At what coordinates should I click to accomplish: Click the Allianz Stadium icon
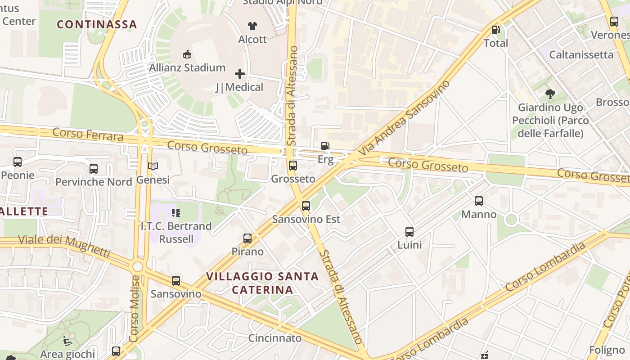pos(187,54)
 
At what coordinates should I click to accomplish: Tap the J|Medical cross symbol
pos(240,73)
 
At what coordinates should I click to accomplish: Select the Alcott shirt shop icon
pos(252,26)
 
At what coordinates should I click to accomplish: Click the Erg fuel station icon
pos(325,146)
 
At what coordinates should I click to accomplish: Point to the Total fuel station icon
pos(495,30)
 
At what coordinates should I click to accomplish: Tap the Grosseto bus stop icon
pos(293,165)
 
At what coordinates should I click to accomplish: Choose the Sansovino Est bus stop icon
pos(306,206)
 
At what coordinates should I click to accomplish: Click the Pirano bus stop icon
pos(247,238)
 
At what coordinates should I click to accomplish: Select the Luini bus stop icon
pos(409,232)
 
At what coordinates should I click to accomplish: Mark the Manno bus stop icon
pos(479,201)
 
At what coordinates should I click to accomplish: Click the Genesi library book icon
pos(153,166)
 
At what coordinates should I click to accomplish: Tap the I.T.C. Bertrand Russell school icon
pos(176,212)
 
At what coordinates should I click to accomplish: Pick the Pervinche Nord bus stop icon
pos(94,169)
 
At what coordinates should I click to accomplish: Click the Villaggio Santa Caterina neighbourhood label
pos(262,283)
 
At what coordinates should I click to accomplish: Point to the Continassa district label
pos(97,24)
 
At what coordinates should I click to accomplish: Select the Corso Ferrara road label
pos(88,134)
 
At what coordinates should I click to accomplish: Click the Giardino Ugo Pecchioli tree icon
pos(550,94)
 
